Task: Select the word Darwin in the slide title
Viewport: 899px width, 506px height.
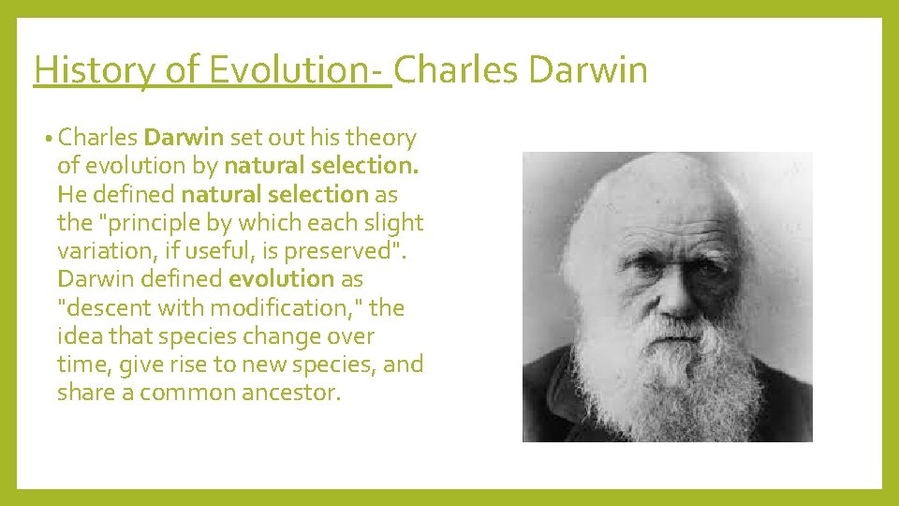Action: (x=588, y=70)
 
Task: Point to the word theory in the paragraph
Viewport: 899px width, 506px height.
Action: (x=380, y=139)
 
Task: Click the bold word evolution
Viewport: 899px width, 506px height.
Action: (x=281, y=279)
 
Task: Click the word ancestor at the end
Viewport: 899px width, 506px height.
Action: (x=289, y=392)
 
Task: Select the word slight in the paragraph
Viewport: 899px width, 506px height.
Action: (x=394, y=223)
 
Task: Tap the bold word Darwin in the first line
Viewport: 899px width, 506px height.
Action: (x=184, y=139)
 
